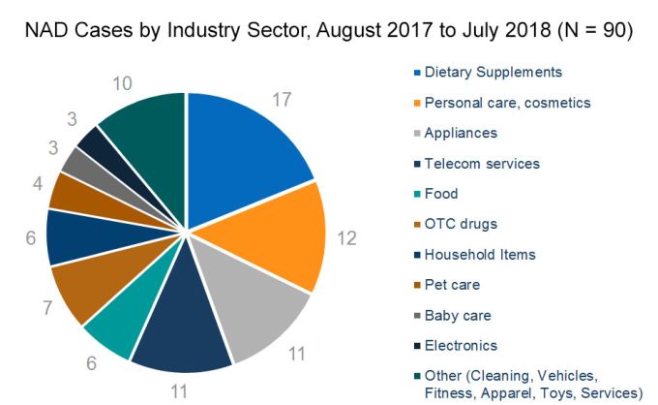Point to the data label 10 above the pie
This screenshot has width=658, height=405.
click(122, 84)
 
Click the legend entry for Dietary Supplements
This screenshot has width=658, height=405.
click(493, 72)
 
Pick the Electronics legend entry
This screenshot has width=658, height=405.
click(461, 346)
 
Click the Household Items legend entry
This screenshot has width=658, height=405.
click(480, 254)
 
